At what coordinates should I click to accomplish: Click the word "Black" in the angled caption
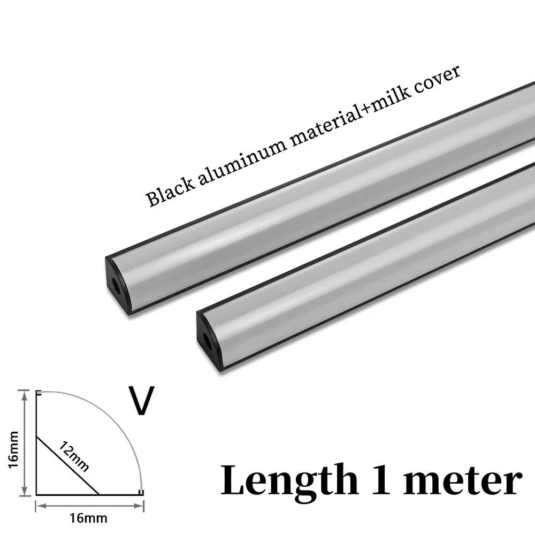click(165, 192)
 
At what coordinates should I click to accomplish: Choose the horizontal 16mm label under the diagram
click(89, 517)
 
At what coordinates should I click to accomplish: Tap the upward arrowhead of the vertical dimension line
click(25, 393)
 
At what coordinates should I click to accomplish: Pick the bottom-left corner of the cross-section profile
click(37, 493)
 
